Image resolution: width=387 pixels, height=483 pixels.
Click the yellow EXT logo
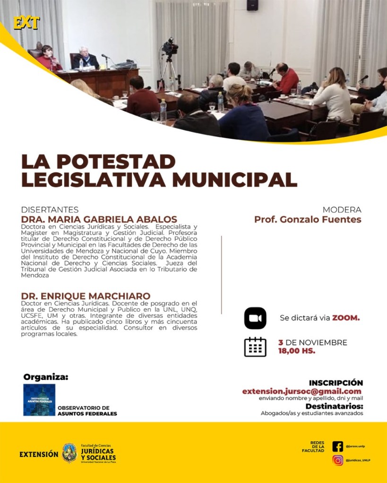(27, 23)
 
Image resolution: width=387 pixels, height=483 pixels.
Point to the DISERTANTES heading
(50, 210)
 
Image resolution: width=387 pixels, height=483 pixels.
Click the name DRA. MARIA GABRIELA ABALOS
(99, 220)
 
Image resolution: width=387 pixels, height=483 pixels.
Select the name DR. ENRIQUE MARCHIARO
(86, 296)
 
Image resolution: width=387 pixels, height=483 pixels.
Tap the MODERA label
(342, 210)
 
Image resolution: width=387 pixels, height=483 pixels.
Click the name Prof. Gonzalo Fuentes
(308, 220)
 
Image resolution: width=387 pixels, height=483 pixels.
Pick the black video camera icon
(255, 318)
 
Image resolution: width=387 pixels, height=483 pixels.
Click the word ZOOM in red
(345, 318)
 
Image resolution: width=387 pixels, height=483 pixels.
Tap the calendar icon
(255, 347)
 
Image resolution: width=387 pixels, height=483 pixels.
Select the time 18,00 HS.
(297, 351)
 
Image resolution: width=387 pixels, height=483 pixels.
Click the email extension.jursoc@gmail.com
(302, 391)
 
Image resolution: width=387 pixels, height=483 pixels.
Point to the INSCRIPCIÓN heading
(335, 382)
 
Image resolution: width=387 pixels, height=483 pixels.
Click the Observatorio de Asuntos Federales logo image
(39, 399)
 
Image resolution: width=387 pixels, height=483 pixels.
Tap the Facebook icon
(337, 446)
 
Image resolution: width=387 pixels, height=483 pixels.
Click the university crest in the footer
(69, 453)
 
